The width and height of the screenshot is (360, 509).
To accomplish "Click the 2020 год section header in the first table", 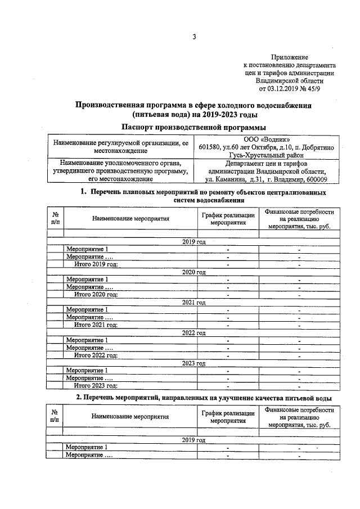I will click(x=194, y=272).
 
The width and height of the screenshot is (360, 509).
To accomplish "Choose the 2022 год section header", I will click(x=194, y=333).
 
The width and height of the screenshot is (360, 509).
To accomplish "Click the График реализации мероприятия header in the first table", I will click(x=227, y=219).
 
